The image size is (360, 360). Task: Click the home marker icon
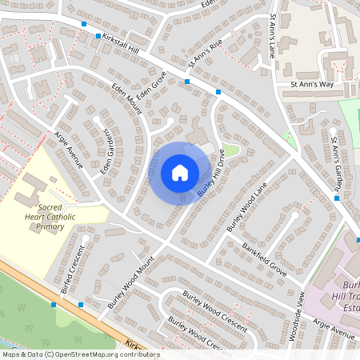180,172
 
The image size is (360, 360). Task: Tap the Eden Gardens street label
106,151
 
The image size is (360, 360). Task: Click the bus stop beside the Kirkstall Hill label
98,36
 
